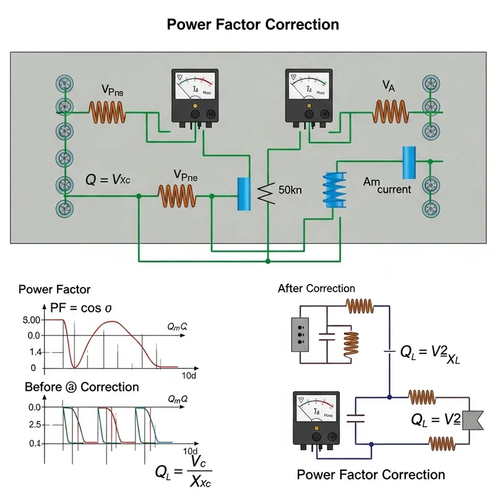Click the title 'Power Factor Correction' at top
click(x=253, y=25)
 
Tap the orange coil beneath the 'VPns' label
click(x=108, y=112)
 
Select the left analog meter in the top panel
click(x=195, y=97)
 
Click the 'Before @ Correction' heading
click(x=82, y=387)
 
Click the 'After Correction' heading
click(x=316, y=288)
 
